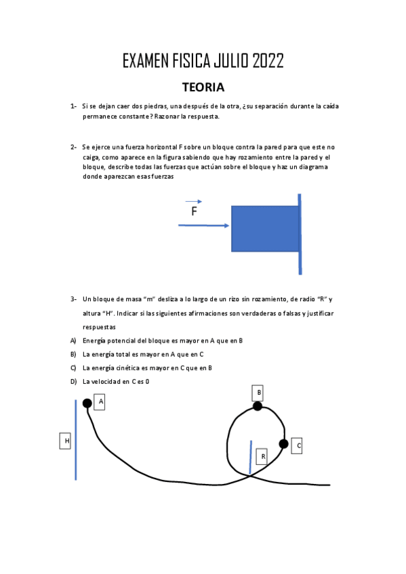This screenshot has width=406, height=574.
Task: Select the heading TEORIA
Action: [203, 87]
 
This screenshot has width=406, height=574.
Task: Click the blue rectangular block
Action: [265, 229]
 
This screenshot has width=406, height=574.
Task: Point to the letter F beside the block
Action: [194, 212]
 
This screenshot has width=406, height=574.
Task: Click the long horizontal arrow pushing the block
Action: [204, 226]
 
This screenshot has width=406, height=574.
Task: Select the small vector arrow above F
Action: [194, 201]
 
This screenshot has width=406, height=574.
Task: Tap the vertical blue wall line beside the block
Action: [300, 234]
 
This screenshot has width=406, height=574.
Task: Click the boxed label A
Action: [100, 402]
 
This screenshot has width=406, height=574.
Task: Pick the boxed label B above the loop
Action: [258, 393]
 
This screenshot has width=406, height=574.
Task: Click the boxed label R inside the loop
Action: [263, 457]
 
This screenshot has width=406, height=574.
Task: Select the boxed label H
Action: [66, 441]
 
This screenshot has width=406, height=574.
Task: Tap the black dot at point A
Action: [87, 403]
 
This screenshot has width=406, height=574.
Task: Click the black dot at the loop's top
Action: [258, 406]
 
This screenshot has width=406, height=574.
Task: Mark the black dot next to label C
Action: [283, 444]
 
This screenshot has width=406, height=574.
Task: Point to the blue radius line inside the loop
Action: [250, 458]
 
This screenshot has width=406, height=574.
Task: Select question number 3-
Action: [73, 299]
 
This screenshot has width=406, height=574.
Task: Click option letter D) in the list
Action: [73, 382]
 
